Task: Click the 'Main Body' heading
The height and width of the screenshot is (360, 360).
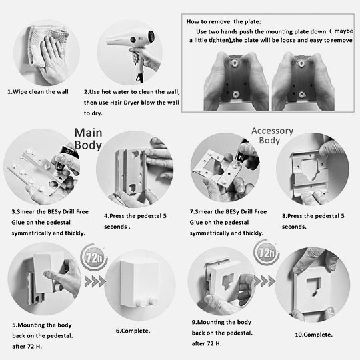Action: click(x=88, y=139)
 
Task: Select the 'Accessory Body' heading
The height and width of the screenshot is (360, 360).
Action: click(x=272, y=135)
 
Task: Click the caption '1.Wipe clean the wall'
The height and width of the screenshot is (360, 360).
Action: click(x=38, y=92)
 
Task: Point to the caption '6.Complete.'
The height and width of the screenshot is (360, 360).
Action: click(x=133, y=331)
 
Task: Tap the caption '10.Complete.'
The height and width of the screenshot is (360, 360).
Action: click(x=313, y=335)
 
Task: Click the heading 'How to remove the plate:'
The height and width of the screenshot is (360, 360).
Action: click(x=224, y=22)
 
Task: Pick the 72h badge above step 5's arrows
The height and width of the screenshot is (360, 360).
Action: click(x=94, y=257)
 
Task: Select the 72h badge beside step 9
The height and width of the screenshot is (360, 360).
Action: click(x=266, y=253)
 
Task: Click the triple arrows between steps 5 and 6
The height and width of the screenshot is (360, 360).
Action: click(x=95, y=281)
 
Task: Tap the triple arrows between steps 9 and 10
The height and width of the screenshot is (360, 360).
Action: click(x=265, y=281)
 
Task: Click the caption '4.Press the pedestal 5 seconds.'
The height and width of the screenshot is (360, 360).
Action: click(x=135, y=221)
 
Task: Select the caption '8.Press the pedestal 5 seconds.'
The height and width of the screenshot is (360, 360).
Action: click(x=313, y=221)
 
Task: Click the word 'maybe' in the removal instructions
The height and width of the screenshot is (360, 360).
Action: click(x=344, y=31)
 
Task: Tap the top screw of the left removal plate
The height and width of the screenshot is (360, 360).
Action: click(x=235, y=63)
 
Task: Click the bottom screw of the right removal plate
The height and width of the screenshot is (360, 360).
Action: click(x=302, y=95)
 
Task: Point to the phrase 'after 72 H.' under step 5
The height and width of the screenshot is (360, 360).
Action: click(x=27, y=347)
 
